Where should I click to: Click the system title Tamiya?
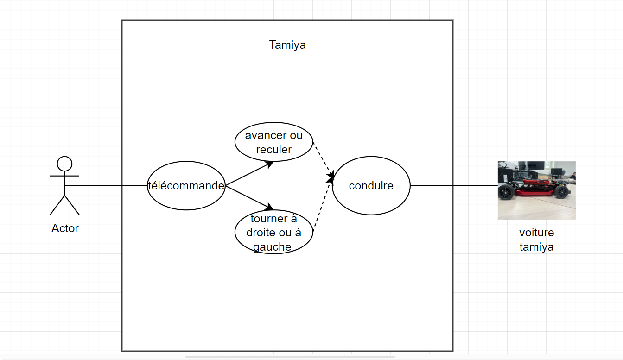[287, 45]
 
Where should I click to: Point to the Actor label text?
[65, 228]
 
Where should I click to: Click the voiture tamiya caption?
[536, 240]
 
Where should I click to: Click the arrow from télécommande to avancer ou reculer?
[249, 173]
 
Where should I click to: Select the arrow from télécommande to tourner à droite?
[249, 198]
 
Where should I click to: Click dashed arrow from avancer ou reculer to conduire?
[324, 160]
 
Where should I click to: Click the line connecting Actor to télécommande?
[106, 185]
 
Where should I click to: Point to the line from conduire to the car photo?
[454, 185]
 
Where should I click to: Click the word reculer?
[273, 150]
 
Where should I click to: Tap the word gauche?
[272, 247]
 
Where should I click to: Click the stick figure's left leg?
[57, 205]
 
